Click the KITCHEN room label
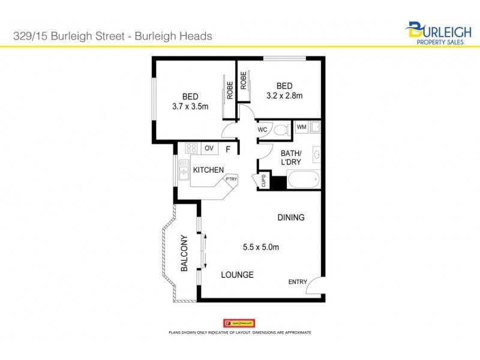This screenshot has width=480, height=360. pos(208,170)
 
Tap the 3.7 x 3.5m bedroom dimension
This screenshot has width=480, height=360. pos(190,107)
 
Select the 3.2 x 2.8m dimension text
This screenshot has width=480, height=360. pos(284,95)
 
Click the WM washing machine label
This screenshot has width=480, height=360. pos(301,127)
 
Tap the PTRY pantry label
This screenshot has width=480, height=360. pos(231,178)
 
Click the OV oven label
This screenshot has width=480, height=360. pos(209,148)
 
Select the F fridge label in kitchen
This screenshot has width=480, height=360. pos(228,149)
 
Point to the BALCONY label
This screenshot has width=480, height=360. pos(185,253)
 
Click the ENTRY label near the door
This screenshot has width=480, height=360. pos(298,282)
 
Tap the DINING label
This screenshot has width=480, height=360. pos(290,217)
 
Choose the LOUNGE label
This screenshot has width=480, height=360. pos(237,275)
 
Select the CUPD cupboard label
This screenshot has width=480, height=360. pos(263,181)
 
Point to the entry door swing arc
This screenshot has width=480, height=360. pos(314,287)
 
